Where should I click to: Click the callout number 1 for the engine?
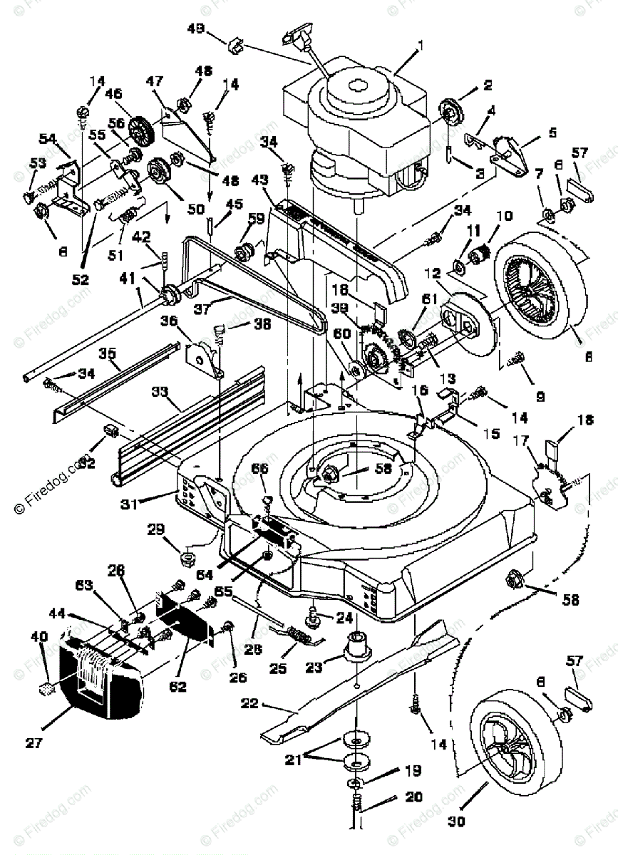421,44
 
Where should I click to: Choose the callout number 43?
257,198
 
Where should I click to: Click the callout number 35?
108,352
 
